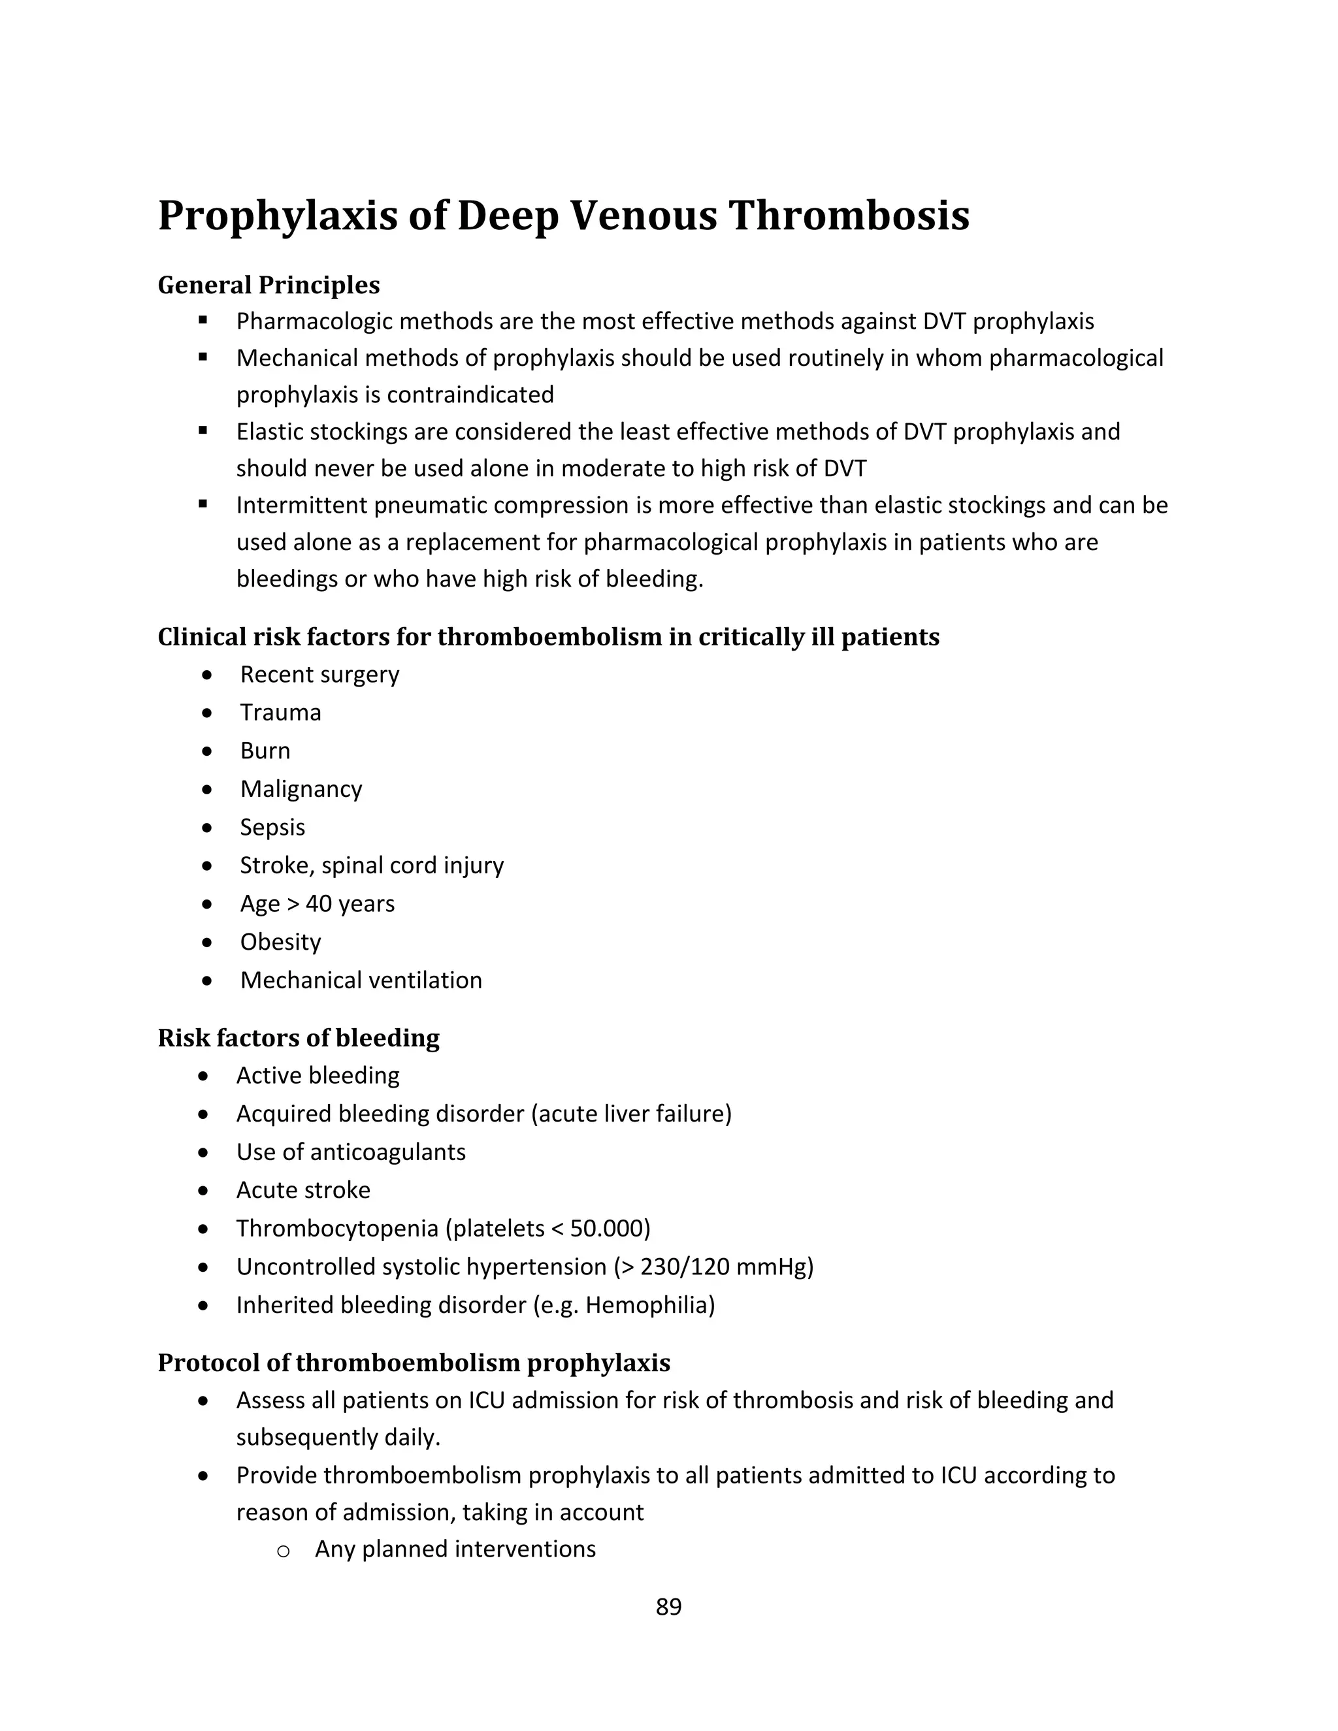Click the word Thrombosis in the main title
pos(848,216)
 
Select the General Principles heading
pos(269,285)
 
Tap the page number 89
pos(668,1607)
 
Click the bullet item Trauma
pos(280,713)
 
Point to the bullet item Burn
pos(265,751)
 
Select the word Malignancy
pos(301,790)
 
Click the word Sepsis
pos(272,828)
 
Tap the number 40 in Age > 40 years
pos(319,903)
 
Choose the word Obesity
pos(280,943)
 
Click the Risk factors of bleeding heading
pos(298,1039)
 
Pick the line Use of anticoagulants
pos(350,1152)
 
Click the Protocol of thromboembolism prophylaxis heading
pos(414,1363)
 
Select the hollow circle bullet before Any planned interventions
pos(283,1551)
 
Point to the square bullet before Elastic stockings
pos(203,430)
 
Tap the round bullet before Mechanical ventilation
pos(207,980)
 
